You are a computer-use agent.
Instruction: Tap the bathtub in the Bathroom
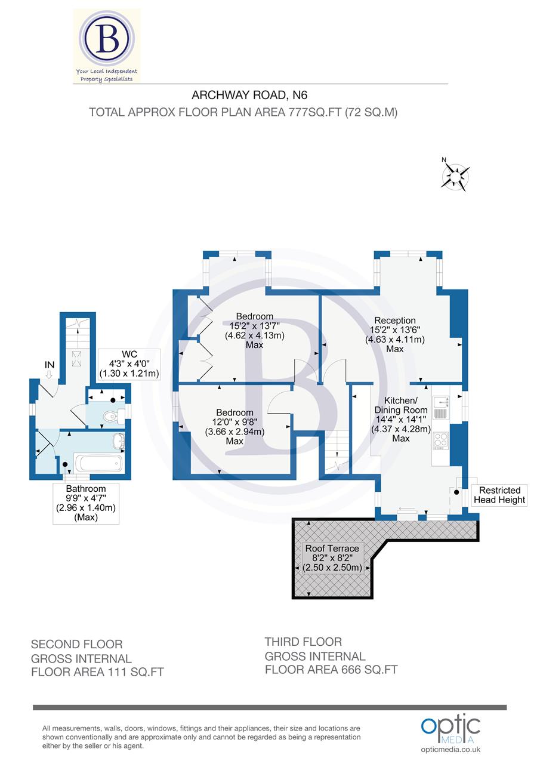click(x=97, y=464)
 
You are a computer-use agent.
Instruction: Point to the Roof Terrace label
click(x=332, y=549)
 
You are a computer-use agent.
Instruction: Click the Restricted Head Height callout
click(x=500, y=495)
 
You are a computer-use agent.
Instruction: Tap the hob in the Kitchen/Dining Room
click(x=440, y=440)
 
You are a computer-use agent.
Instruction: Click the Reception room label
click(x=395, y=321)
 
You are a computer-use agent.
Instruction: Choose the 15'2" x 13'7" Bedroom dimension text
click(x=255, y=326)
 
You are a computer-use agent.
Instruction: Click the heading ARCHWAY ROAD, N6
click(x=249, y=95)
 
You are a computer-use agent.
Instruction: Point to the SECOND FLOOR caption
click(x=76, y=645)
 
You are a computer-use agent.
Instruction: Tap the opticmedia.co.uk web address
click(x=450, y=750)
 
